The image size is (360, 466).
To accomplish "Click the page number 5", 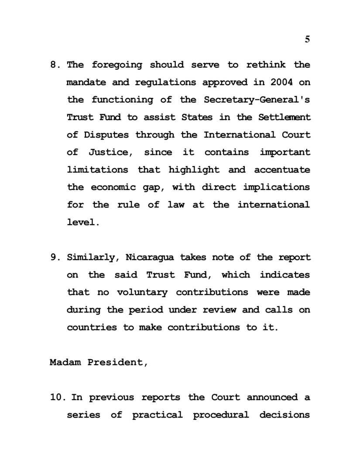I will click(x=307, y=39).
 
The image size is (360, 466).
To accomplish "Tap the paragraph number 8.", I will click(x=54, y=65).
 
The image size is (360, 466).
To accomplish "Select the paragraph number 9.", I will click(x=54, y=257).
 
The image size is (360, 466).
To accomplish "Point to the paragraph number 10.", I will click(x=56, y=397).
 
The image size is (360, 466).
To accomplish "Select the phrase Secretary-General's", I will click(x=257, y=100).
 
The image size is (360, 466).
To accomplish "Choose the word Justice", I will click(x=112, y=152).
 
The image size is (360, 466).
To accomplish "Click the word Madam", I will click(x=62, y=362).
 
